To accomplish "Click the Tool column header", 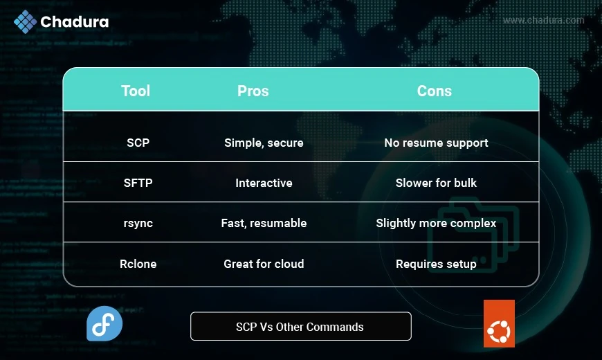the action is [136, 91].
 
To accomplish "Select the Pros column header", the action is [253, 91].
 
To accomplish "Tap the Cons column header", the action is [435, 91].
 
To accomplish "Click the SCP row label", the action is [138, 143].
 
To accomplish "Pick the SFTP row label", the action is [138, 183].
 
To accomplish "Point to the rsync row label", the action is [138, 223].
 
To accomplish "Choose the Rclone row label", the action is [138, 264].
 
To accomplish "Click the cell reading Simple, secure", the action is [264, 143].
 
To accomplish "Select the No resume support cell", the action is [436, 143].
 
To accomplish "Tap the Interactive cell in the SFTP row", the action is [264, 183].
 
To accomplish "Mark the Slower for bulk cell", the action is [436, 183].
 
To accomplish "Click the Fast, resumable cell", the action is [264, 223].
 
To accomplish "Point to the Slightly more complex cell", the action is [436, 223].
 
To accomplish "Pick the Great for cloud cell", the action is [264, 264].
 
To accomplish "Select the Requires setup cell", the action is [436, 264].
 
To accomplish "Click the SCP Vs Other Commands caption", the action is [300, 327].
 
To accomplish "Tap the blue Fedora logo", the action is [104, 323].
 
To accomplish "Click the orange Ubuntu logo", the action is [499, 323].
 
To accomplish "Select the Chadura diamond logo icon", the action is [26, 21].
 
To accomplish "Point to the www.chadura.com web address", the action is [544, 20].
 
